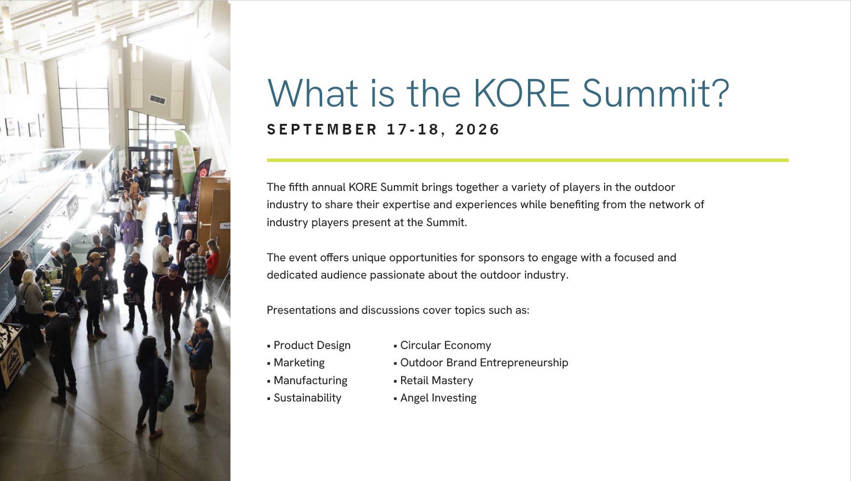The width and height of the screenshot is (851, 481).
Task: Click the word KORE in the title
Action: pos(522,93)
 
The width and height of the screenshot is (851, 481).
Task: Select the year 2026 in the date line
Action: pos(477,129)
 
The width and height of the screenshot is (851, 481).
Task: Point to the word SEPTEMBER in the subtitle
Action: pos(322,129)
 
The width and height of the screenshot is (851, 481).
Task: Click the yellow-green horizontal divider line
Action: pos(527,160)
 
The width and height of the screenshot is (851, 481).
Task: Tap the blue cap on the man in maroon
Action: pos(174,267)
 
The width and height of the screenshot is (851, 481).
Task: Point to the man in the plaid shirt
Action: pos(195,275)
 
